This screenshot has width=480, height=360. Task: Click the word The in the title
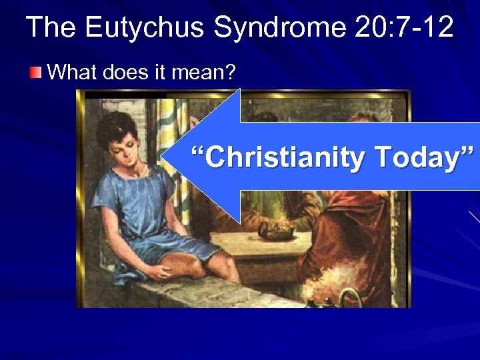coord(52,28)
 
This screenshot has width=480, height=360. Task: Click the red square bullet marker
coord(35,72)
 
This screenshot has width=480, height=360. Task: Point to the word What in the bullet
coord(73,72)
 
